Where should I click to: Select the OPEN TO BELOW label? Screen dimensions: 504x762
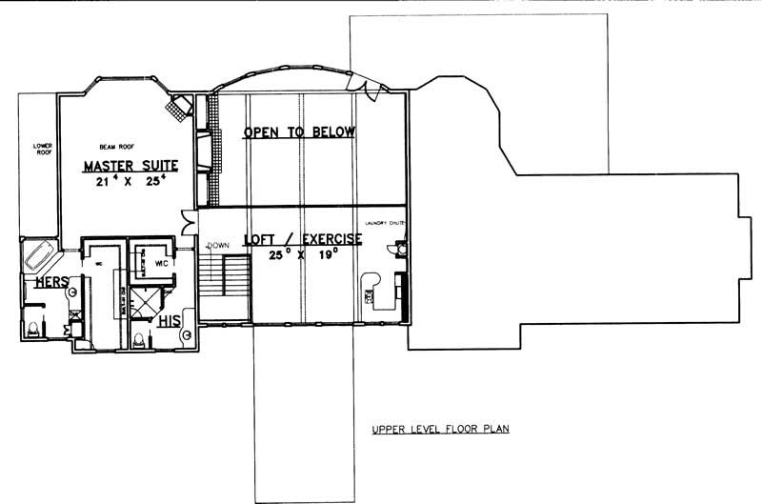299,132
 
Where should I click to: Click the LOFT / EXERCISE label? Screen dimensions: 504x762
302,239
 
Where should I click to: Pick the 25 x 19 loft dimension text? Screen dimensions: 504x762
302,255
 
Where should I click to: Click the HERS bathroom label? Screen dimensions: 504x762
50,283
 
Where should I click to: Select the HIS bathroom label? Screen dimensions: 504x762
170,320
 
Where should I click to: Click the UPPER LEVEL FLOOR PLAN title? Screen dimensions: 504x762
440,430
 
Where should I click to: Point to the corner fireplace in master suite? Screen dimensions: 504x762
177,107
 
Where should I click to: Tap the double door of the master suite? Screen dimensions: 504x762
190,226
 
